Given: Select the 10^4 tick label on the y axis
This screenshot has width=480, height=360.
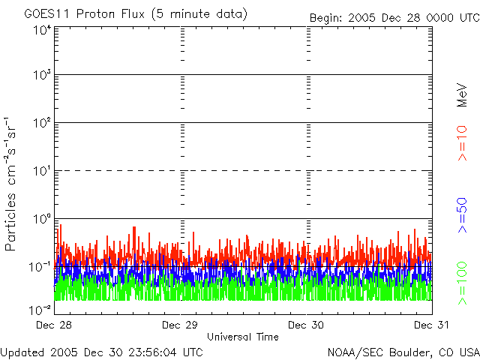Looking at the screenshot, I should [x=41, y=30].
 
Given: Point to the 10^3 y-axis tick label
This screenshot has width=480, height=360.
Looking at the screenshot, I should [x=41, y=75].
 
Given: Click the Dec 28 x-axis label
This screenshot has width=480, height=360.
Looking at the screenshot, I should [x=55, y=325].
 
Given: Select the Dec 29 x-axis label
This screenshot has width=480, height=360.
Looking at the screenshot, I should [x=180, y=325].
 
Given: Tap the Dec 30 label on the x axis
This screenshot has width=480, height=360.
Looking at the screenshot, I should [x=306, y=325].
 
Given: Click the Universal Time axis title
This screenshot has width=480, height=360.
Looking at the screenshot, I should [x=242, y=337].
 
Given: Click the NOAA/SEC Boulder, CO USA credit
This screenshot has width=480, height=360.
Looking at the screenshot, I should [x=403, y=352].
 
